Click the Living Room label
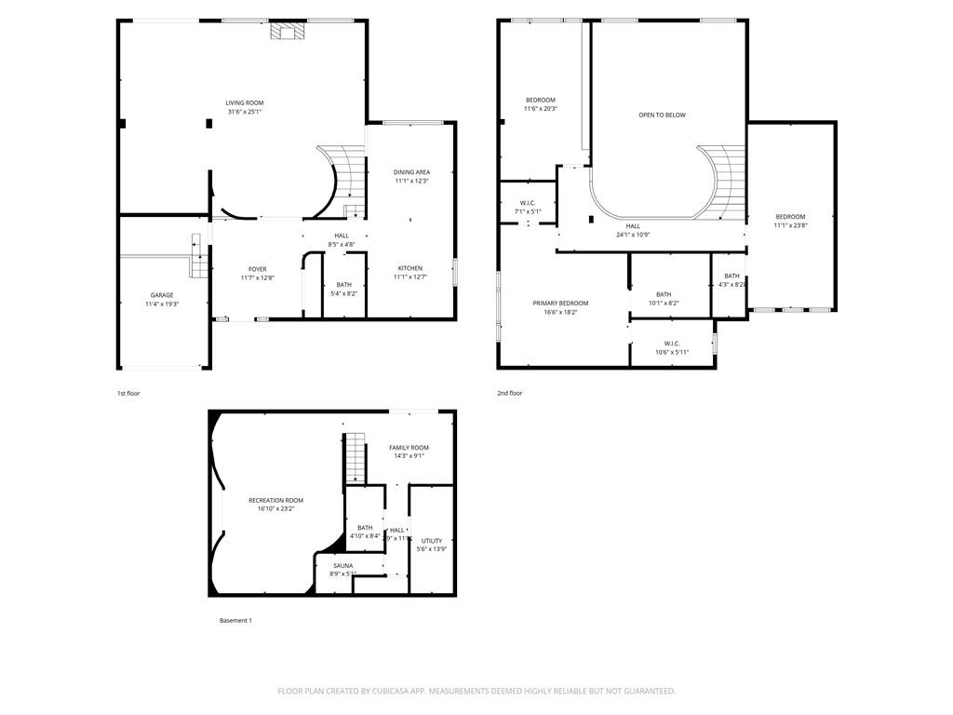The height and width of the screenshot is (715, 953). tap(245, 102)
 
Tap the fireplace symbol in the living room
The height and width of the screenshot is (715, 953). tap(282, 32)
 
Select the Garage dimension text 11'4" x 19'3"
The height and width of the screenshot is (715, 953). tap(162, 304)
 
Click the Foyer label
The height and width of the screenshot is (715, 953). tap(257, 269)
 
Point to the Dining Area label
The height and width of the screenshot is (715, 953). tap(411, 172)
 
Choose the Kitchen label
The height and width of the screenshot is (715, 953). tap(410, 268)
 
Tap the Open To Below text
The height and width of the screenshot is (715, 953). tap(662, 115)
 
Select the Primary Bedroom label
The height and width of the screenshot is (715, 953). tap(560, 304)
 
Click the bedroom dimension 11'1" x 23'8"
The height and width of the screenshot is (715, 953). tap(790, 225)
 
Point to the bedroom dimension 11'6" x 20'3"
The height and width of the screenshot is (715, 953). tap(541, 109)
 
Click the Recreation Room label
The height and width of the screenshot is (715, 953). tap(275, 501)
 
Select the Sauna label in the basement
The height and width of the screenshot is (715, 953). tap(343, 565)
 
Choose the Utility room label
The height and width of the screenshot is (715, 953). tap(432, 541)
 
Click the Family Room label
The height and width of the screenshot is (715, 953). tap(409, 448)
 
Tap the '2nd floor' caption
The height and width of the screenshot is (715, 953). tap(509, 394)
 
